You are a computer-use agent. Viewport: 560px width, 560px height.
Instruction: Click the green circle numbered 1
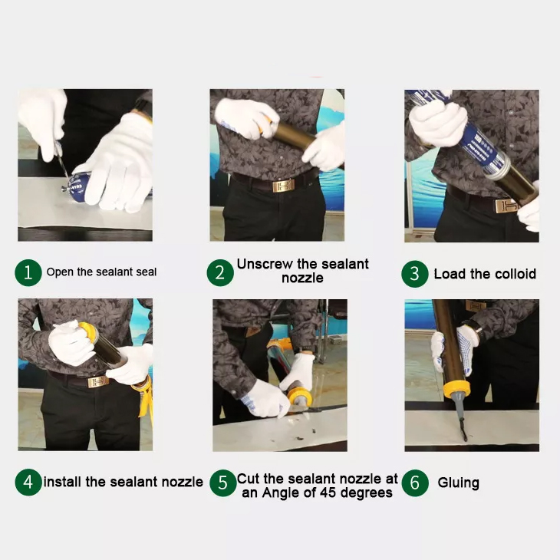coord(28,272)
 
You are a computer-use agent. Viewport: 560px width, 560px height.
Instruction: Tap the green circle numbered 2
coord(220,272)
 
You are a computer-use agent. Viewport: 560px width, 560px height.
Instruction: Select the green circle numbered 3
coord(415,274)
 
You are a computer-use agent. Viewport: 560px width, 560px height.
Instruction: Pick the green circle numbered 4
coord(28,483)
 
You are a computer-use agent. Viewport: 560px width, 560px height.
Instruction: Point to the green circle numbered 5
coord(222,483)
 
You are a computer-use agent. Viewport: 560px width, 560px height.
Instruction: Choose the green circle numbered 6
coord(415,483)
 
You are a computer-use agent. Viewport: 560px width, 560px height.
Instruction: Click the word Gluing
coord(458,483)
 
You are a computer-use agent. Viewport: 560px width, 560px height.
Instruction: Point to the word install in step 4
coord(63,483)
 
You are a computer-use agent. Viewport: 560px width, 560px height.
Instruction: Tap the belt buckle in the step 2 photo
coord(282,185)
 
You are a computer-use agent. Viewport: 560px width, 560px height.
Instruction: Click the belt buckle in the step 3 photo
coord(506,205)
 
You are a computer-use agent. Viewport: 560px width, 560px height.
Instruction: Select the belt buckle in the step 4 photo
coord(97,381)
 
